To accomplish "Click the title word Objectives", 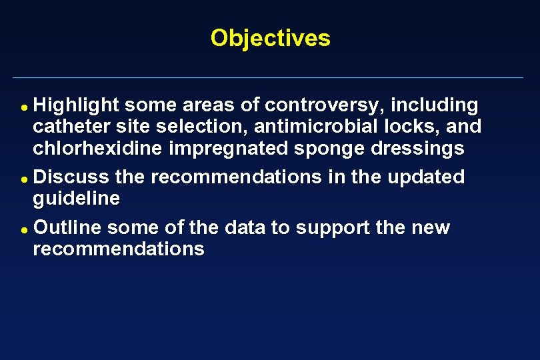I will [x=270, y=38].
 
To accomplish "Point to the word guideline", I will [x=77, y=199].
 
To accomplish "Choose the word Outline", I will [x=67, y=228].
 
